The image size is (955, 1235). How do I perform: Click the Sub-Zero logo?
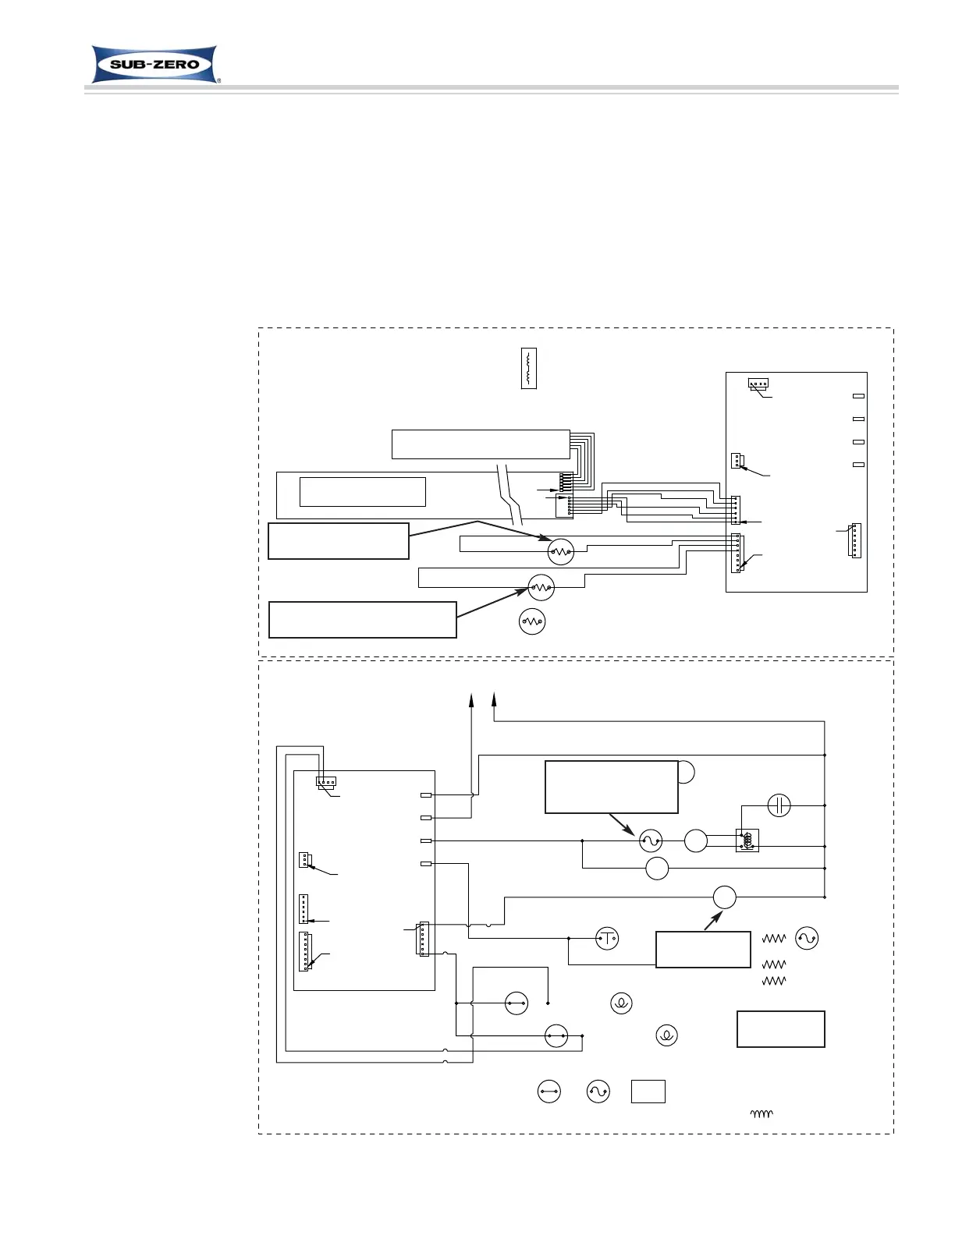pyautogui.click(x=154, y=64)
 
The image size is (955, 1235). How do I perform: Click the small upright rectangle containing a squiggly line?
pyautogui.click(x=528, y=369)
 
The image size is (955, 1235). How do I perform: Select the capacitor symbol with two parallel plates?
pyautogui.click(x=779, y=805)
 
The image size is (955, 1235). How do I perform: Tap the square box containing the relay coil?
pyautogui.click(x=747, y=840)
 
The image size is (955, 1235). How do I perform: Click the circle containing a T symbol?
pyautogui.click(x=607, y=938)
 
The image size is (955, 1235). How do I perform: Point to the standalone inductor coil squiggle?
pyautogui.click(x=761, y=1114)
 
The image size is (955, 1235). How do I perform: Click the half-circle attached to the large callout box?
pyautogui.click(x=686, y=771)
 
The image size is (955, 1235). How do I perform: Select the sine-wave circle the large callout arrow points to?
pyautogui.click(x=650, y=840)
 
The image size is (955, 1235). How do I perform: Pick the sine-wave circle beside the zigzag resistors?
pyautogui.click(x=807, y=938)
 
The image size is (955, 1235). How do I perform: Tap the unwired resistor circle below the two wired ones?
pyautogui.click(x=532, y=621)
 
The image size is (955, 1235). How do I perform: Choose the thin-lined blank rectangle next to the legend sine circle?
pyautogui.click(x=648, y=1092)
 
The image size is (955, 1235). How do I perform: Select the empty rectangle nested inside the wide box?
pyautogui.click(x=363, y=492)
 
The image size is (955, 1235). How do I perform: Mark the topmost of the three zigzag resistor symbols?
pyautogui.click(x=774, y=940)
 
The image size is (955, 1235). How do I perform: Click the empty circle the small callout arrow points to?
pyautogui.click(x=724, y=897)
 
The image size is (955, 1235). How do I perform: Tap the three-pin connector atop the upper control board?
pyautogui.click(x=758, y=384)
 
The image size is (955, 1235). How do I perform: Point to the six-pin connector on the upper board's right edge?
pyautogui.click(x=854, y=540)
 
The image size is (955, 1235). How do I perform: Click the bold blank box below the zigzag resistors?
pyautogui.click(x=780, y=1029)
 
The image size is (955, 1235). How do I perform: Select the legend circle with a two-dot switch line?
pyautogui.click(x=549, y=1092)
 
